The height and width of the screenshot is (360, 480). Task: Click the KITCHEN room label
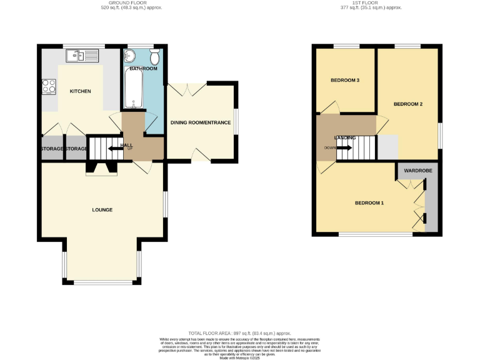coord(80,91)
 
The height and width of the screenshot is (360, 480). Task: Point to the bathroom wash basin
coord(131,56)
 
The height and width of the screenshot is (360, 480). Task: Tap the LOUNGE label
coord(102,209)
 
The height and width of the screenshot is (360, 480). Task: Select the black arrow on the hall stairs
coord(115,148)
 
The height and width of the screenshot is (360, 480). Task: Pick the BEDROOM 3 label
coord(345,81)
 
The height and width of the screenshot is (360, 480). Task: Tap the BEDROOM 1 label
coord(369,203)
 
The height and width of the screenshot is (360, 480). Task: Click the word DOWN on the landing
coord(329,147)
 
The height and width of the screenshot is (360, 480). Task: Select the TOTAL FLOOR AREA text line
coord(240,334)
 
